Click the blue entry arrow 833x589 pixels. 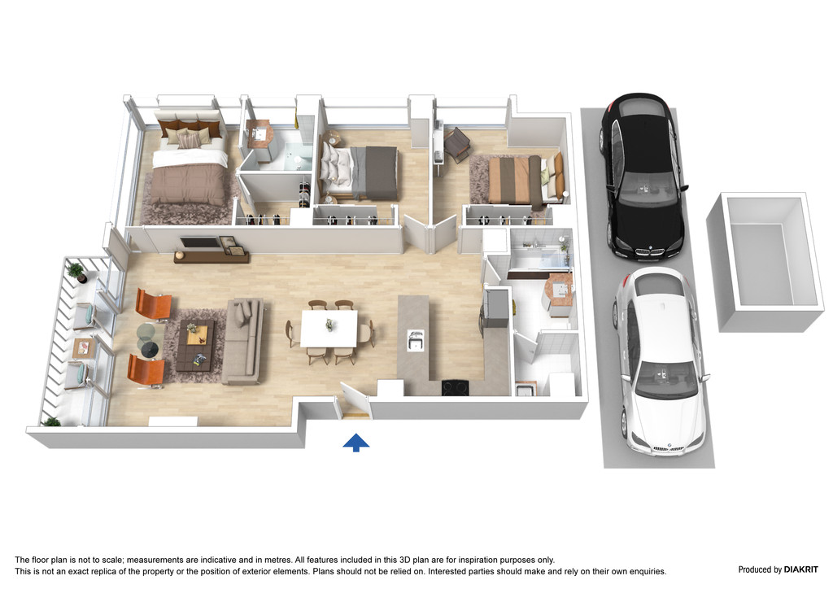356,443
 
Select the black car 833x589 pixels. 641,177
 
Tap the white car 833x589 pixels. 661,360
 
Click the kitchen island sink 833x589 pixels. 416,340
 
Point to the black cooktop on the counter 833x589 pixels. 456,388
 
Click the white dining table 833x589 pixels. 329,328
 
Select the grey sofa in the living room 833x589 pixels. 242,340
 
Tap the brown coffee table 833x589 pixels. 195,345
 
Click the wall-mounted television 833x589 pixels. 200,242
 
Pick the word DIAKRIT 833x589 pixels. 800,569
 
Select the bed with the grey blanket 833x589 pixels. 358,171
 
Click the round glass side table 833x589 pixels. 148,340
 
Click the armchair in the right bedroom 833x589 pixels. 456,142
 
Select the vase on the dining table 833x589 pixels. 330,324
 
